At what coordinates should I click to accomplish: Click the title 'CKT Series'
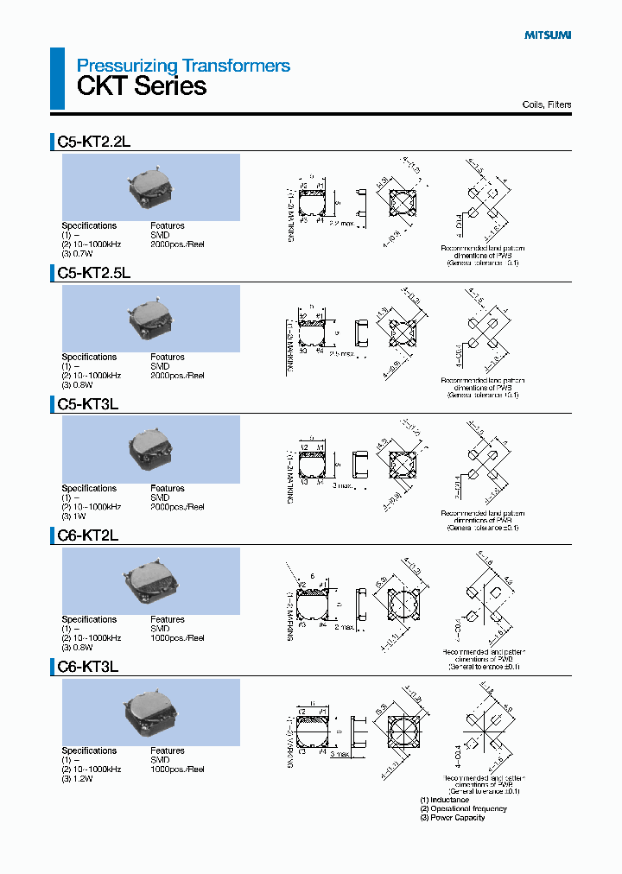coord(142,86)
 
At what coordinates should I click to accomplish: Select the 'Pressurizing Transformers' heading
coord(183,66)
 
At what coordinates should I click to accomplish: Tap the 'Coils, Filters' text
coord(547,104)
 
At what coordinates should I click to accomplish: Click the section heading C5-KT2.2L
coord(93,142)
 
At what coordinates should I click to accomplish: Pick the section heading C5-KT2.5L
coord(93,273)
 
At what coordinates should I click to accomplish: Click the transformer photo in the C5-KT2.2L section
coord(150,187)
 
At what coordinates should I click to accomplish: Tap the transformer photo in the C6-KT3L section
coord(150,712)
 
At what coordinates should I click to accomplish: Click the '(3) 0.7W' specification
coord(77,254)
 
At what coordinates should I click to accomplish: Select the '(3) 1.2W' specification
coord(77,778)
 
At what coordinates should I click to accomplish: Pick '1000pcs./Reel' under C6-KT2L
coord(177,638)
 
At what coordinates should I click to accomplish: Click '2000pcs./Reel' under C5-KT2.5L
coord(177,376)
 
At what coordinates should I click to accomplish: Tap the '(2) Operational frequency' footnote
coord(463,809)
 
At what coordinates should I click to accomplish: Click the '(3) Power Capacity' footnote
coord(452,818)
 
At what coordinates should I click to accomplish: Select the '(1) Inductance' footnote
coord(444,800)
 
